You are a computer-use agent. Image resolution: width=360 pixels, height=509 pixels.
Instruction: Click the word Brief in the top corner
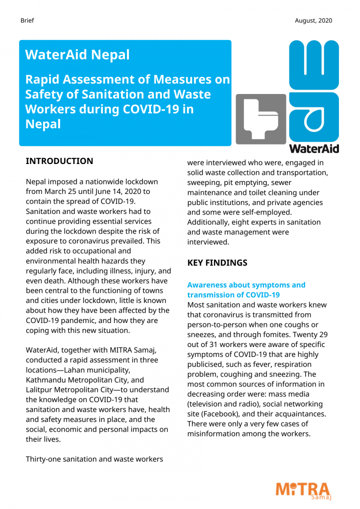(27, 20)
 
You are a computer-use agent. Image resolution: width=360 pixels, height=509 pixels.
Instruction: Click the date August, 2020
(313, 20)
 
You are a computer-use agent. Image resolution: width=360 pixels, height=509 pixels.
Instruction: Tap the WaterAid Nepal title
(77, 54)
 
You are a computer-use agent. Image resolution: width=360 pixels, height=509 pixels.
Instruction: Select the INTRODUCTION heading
(59, 161)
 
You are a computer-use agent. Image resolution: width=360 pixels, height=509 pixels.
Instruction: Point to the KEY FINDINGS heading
(217, 262)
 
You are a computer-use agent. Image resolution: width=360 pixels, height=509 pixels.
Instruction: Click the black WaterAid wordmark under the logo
(314, 148)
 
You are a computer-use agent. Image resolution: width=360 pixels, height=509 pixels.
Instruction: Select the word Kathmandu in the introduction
(49, 380)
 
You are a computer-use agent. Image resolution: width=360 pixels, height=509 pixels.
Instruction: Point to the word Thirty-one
(47, 459)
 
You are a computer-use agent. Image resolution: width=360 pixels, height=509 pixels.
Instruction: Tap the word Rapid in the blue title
(43, 79)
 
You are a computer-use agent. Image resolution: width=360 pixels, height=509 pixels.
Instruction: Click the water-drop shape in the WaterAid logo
(314, 119)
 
